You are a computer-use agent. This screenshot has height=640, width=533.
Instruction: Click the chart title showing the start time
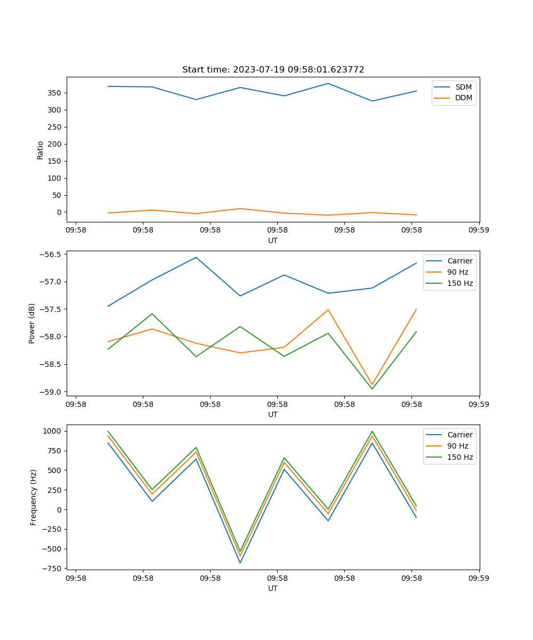273,70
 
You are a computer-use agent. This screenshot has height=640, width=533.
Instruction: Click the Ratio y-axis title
41,150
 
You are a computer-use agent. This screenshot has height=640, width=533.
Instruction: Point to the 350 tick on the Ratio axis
55,93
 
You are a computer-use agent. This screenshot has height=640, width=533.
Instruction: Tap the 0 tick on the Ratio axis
59,212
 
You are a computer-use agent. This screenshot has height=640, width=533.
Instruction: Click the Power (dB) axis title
32,323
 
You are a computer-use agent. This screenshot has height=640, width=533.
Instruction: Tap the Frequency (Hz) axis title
34,497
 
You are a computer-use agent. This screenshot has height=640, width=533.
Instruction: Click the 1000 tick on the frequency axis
53,431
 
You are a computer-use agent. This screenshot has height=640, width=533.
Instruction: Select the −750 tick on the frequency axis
52,569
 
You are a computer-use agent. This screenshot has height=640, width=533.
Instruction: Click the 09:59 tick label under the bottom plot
479,578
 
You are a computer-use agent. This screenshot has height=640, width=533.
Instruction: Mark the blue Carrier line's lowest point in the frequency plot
240,563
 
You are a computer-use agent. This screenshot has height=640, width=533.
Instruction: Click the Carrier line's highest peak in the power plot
196,257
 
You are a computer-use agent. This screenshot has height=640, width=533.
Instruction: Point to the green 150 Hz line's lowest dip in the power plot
372,389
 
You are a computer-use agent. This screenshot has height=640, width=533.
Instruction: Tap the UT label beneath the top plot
273,241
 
